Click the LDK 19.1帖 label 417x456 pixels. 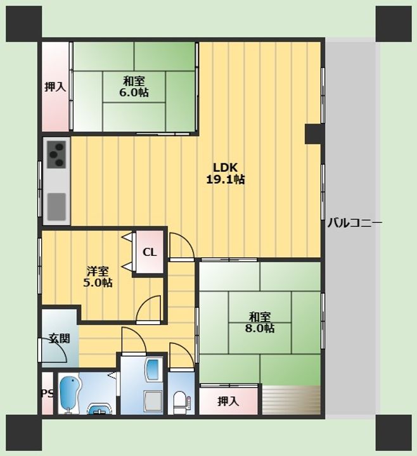tap(226, 174)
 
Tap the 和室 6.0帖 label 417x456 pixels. tap(134, 86)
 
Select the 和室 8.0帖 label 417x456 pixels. tap(260, 322)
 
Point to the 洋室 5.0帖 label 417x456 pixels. tap(98, 277)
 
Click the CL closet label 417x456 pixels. tap(150, 252)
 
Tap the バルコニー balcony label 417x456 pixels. tap(355, 224)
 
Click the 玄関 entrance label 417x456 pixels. tap(60, 338)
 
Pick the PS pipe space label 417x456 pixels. tap(47, 394)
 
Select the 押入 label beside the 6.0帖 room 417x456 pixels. tap(55, 87)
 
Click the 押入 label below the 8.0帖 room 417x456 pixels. tap(228, 402)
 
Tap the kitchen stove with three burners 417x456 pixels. tap(56, 154)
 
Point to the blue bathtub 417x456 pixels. tap(70, 394)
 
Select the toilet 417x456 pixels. tap(181, 402)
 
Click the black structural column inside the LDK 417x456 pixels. tap(314, 134)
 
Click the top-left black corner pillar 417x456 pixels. tap(24, 23)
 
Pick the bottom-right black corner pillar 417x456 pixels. tap(394, 433)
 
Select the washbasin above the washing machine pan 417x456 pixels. tap(153, 369)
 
